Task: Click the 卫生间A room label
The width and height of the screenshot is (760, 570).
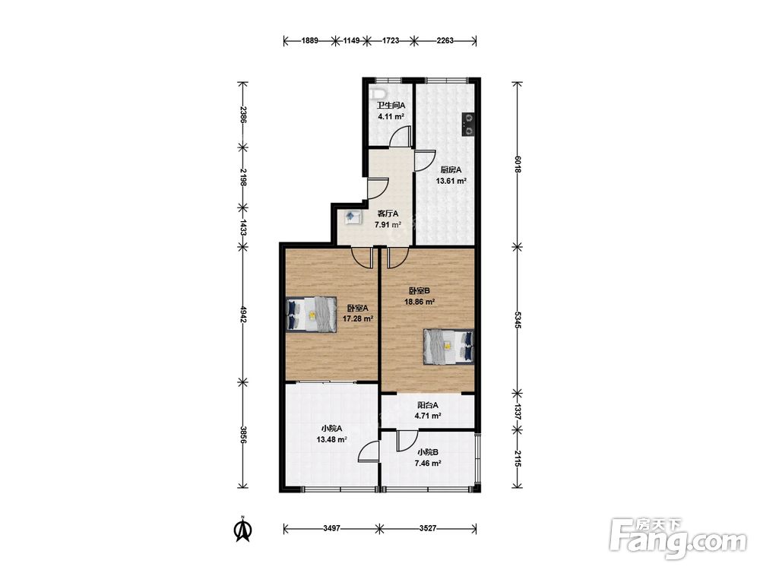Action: coord(391,105)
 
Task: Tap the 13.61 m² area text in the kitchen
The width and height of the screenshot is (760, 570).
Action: coord(451,182)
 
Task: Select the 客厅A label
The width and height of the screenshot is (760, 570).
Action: coord(388,214)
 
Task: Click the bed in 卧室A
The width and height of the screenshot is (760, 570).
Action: coord(311,314)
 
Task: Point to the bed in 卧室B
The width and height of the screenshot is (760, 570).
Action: coord(448,347)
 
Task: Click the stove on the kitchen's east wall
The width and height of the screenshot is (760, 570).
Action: coord(468,124)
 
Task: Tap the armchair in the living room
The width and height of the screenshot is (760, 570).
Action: coord(353,217)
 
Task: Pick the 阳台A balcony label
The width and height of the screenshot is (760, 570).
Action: coord(427,405)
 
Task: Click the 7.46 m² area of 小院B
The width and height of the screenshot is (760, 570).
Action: coord(427,464)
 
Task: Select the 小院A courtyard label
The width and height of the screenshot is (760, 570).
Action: coord(331,429)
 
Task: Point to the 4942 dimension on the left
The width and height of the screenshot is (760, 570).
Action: coord(243,314)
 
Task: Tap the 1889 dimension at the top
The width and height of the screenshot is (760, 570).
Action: coord(310,41)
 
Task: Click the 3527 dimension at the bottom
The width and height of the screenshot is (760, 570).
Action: coord(427,528)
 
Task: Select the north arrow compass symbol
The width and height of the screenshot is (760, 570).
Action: coord(243,529)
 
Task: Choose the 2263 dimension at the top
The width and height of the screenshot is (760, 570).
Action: coord(445,41)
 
